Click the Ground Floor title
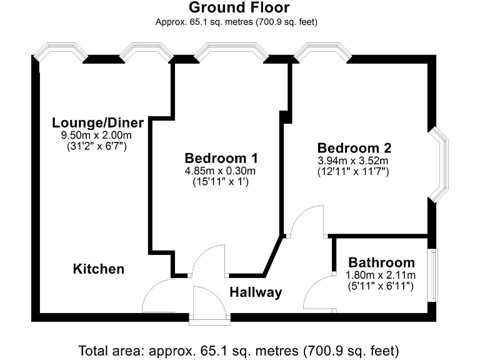(239, 8)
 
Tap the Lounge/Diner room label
(98, 122)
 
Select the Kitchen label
(99, 269)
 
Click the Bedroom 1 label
(221, 157)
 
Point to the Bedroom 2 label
(354, 148)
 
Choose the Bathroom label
(381, 262)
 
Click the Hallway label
(255, 292)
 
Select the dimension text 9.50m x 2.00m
(96, 135)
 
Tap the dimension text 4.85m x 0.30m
(221, 171)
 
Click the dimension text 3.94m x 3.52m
(354, 160)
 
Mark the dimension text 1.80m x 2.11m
(381, 275)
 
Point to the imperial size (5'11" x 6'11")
(381, 286)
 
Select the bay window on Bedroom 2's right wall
(440, 164)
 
